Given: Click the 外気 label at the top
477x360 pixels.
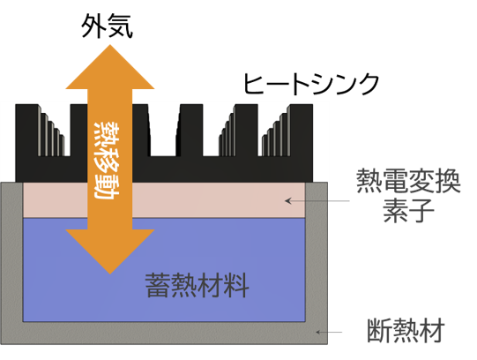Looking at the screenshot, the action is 107,26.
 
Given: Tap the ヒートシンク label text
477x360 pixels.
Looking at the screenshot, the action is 311,84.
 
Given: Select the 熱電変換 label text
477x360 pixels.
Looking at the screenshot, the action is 408,182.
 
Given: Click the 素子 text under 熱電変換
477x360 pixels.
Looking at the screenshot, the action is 408,210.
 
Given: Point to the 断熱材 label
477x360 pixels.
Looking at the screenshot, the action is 406,331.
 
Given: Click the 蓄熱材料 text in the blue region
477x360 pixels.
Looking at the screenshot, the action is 198,286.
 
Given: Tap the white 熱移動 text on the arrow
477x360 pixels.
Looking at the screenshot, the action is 107,160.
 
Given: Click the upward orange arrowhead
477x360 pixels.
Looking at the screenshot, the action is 110,67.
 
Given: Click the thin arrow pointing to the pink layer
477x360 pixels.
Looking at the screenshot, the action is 317,201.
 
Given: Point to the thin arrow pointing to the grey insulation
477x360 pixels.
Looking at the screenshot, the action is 329,332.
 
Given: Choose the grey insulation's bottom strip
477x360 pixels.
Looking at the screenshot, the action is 164,333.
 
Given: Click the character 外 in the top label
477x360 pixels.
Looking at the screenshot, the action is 93,26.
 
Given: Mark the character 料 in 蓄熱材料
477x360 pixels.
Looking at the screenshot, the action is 236,286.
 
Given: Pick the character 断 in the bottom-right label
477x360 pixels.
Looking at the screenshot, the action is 380,331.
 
